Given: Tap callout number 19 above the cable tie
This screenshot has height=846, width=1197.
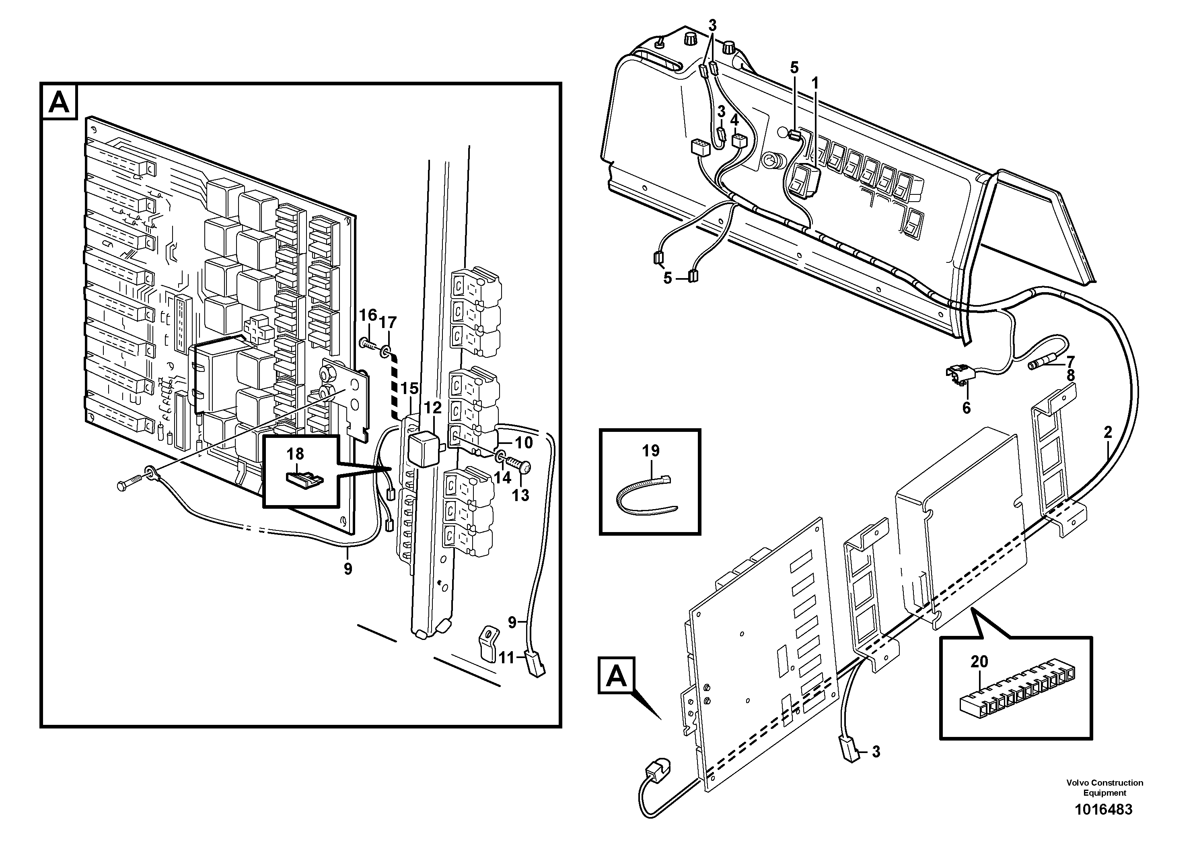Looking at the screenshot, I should coord(651,451).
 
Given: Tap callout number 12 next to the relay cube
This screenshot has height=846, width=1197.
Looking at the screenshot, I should coord(432,409).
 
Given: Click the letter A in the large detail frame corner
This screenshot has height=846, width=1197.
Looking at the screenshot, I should coord(58,102).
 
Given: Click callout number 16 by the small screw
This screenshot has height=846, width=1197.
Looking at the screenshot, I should coord(368,315).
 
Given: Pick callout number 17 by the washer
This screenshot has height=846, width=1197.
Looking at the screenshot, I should coord(388,323).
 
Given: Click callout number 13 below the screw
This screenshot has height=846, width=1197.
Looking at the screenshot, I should coord(520,495).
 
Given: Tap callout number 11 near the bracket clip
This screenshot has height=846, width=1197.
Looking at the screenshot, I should coord(506,658).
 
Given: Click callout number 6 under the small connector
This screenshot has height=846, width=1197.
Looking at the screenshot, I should coord(966,408).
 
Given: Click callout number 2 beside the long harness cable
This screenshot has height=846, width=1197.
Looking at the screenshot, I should coord(1108,432).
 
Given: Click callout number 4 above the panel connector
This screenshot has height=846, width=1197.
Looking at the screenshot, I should coord(734,120).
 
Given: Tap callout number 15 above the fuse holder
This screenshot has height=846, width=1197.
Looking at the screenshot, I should coord(410,388).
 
